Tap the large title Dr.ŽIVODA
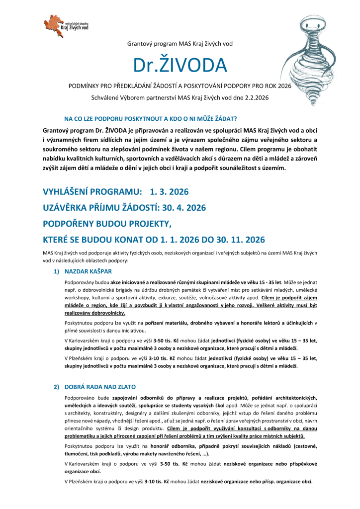[x=180, y=65]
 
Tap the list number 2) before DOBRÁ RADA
[x=56, y=387]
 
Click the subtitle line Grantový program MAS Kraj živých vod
[x=180, y=43]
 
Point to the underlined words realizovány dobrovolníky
[x=95, y=314]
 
